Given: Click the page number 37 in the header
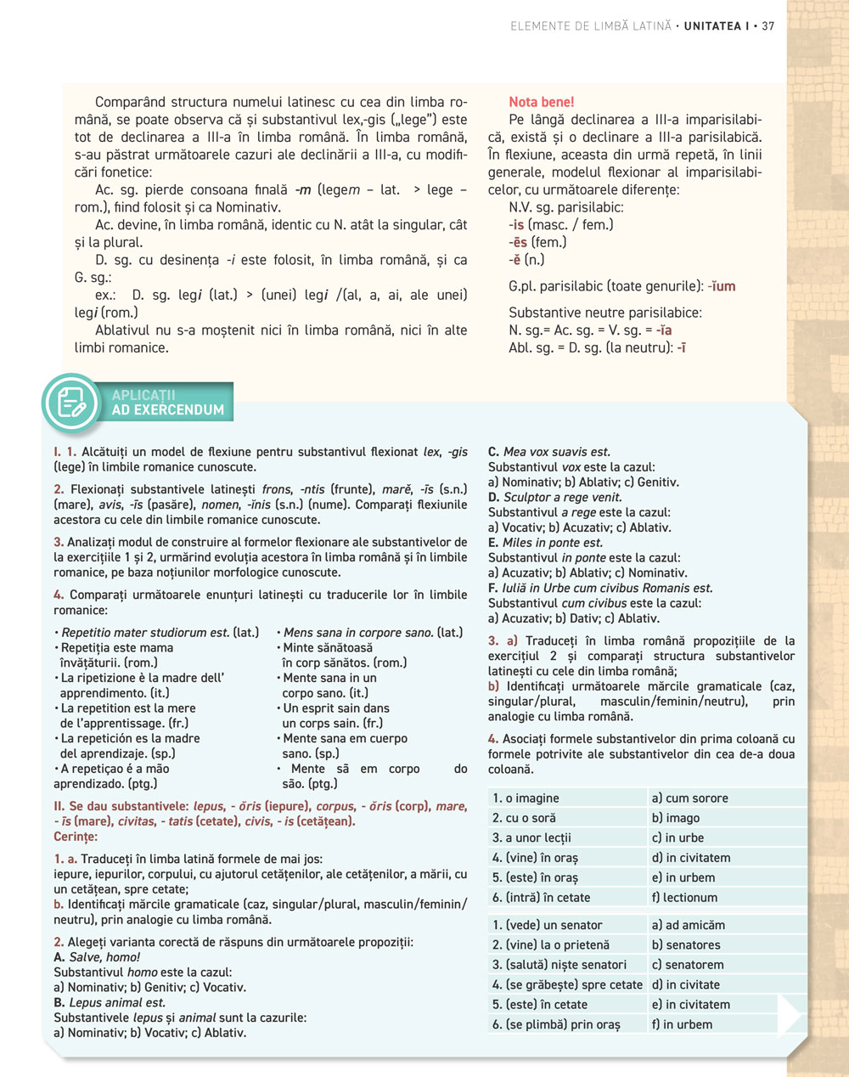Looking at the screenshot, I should point(767,26).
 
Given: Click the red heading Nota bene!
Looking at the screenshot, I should point(541,102).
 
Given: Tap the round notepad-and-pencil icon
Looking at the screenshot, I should point(71,403).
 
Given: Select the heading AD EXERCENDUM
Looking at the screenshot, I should point(168,409).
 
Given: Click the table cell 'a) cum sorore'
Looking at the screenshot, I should point(689,798).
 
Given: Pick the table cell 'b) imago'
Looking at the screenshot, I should point(676,818).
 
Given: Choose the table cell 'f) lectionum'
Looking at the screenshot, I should point(684,897).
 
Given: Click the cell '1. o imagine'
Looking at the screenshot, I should point(526,798).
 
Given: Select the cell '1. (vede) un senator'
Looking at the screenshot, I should point(547,925).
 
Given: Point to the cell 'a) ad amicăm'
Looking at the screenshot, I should point(688,925).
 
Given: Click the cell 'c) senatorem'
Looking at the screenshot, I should point(688,965).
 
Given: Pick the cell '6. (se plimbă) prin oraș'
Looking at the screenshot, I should point(556,1024).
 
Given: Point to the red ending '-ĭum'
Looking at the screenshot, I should point(722,286).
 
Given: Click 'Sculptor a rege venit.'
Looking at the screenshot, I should point(563,498).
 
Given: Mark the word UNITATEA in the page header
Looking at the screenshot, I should point(712,26).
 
